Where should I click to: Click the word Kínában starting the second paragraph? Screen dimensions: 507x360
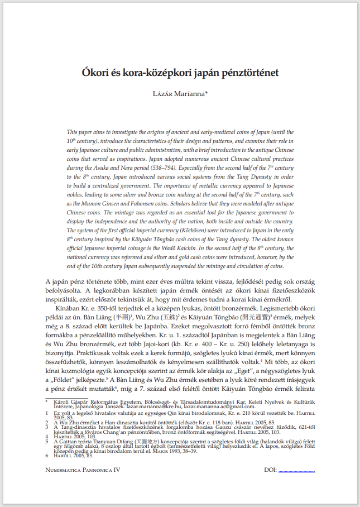coord(68,307)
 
